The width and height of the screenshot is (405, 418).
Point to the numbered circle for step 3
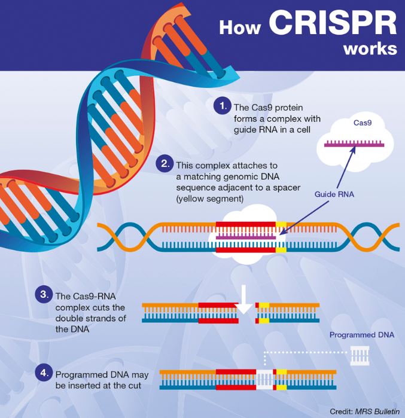(43, 295)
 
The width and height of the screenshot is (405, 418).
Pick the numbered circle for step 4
(43, 373)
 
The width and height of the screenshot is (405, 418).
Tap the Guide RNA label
(334, 195)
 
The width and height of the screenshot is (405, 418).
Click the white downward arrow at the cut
(244, 303)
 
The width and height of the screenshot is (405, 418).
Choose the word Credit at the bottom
(341, 411)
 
